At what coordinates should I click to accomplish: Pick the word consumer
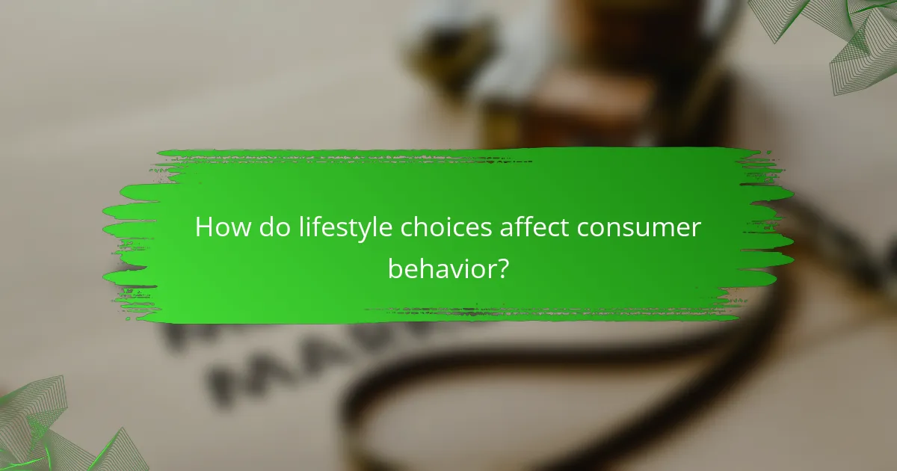click(x=643, y=228)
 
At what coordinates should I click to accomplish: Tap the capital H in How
click(x=204, y=228)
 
